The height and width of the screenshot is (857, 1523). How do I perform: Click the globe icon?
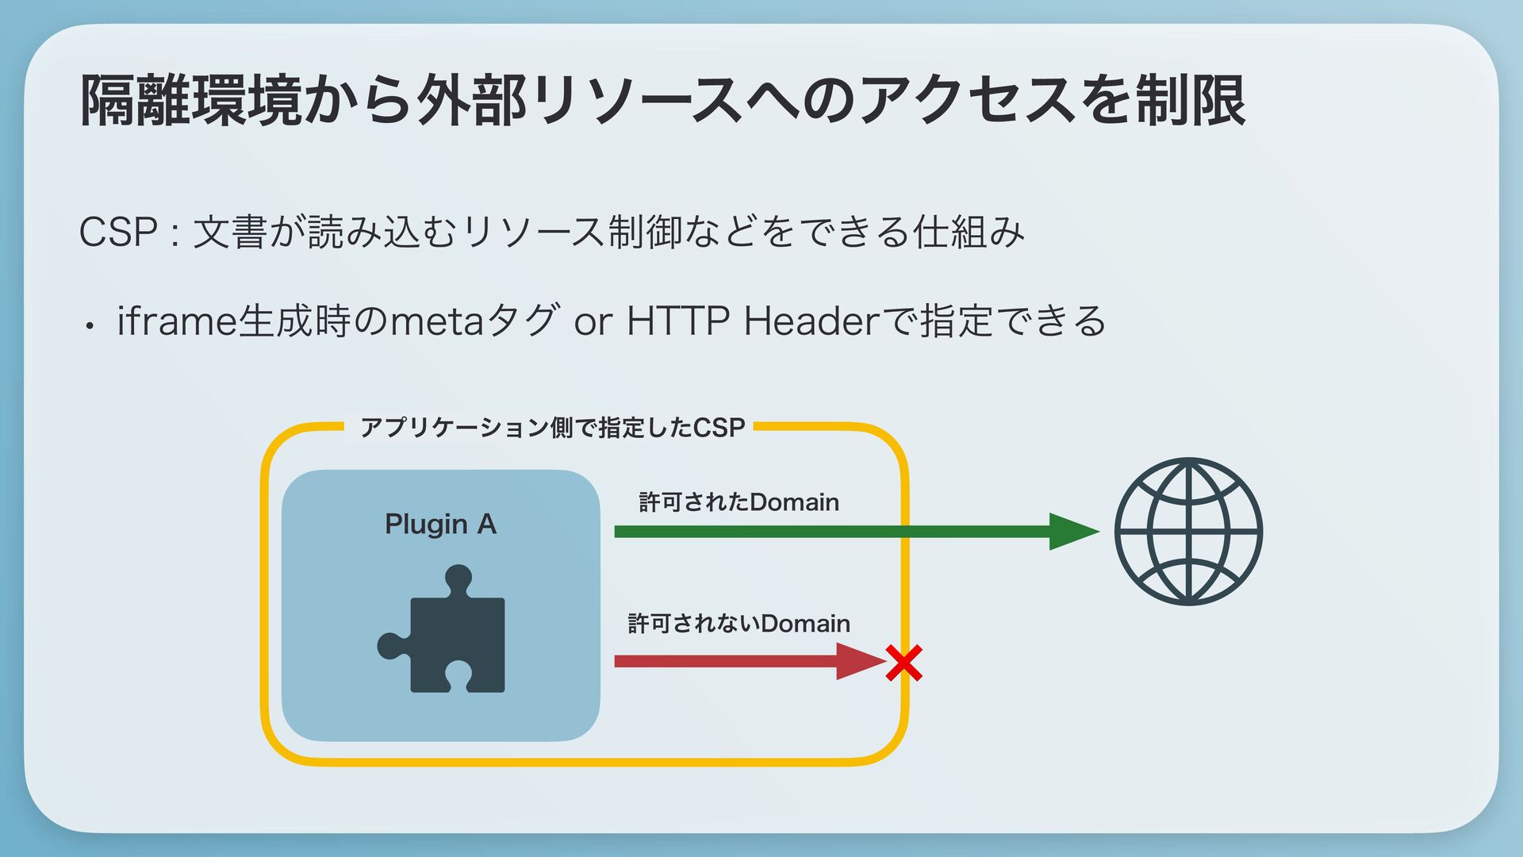tap(1187, 532)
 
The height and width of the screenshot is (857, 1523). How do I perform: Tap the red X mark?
tap(903, 663)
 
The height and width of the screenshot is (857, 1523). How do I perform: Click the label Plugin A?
tap(440, 525)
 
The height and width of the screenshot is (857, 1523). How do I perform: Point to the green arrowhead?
tap(1072, 532)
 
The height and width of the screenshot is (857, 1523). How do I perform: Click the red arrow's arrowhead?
tap(860, 661)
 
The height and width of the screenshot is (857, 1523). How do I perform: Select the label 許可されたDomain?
tap(738, 502)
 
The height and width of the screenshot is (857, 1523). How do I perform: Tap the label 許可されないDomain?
tap(738, 624)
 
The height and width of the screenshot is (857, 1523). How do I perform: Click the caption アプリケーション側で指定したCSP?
tap(552, 428)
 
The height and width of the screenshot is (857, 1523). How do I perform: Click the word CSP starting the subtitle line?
tap(117, 232)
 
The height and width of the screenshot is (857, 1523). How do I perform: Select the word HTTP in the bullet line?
tap(677, 321)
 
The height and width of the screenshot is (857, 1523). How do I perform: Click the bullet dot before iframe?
tap(92, 325)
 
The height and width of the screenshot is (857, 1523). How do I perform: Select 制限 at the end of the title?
tap(1190, 101)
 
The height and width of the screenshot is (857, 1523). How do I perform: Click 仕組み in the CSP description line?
tap(969, 232)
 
